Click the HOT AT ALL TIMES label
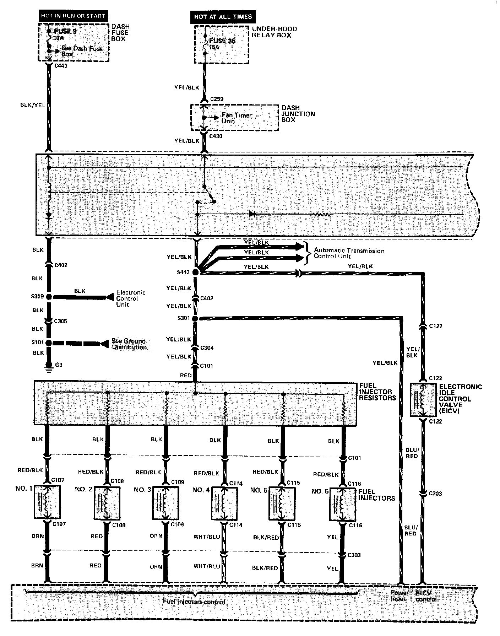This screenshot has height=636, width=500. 223,17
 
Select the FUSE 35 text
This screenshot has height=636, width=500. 222,41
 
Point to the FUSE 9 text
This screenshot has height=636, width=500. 65,31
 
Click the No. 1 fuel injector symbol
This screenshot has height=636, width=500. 47,502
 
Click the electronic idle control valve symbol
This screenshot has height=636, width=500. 423,400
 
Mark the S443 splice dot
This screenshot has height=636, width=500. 195,272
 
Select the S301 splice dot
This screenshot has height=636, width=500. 195,319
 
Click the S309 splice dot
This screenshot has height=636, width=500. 49,297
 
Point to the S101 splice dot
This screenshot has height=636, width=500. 49,343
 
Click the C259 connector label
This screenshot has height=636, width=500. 217,99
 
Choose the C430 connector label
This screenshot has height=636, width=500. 216,136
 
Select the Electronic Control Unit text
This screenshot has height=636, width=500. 131,298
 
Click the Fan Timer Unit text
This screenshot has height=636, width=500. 236,118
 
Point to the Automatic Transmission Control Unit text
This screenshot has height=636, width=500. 349,253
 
